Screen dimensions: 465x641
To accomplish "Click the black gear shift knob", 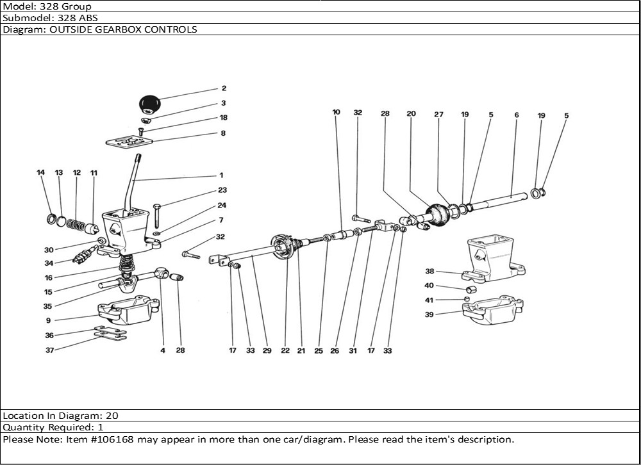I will pyautogui.click(x=150, y=103).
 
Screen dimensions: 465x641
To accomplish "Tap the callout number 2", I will pyautogui.click(x=224, y=89).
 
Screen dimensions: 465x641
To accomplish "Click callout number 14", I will pyautogui.click(x=40, y=173).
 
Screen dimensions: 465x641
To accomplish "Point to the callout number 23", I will pyautogui.click(x=222, y=190).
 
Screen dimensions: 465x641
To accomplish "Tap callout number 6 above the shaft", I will pyautogui.click(x=516, y=115).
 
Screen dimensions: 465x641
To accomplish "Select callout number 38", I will pyautogui.click(x=429, y=272).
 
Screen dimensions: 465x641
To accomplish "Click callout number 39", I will pyautogui.click(x=429, y=314).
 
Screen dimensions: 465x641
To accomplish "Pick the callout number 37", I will pyautogui.click(x=49, y=350).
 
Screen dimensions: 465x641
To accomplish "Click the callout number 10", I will pyautogui.click(x=337, y=113).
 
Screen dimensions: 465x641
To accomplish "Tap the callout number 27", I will pyautogui.click(x=438, y=115).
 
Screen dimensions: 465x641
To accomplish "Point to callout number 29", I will pyautogui.click(x=267, y=351).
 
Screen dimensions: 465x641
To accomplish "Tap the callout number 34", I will pyautogui.click(x=49, y=263).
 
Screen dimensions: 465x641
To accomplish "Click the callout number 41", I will pyautogui.click(x=429, y=300).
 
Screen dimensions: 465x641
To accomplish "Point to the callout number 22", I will pyautogui.click(x=285, y=351).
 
